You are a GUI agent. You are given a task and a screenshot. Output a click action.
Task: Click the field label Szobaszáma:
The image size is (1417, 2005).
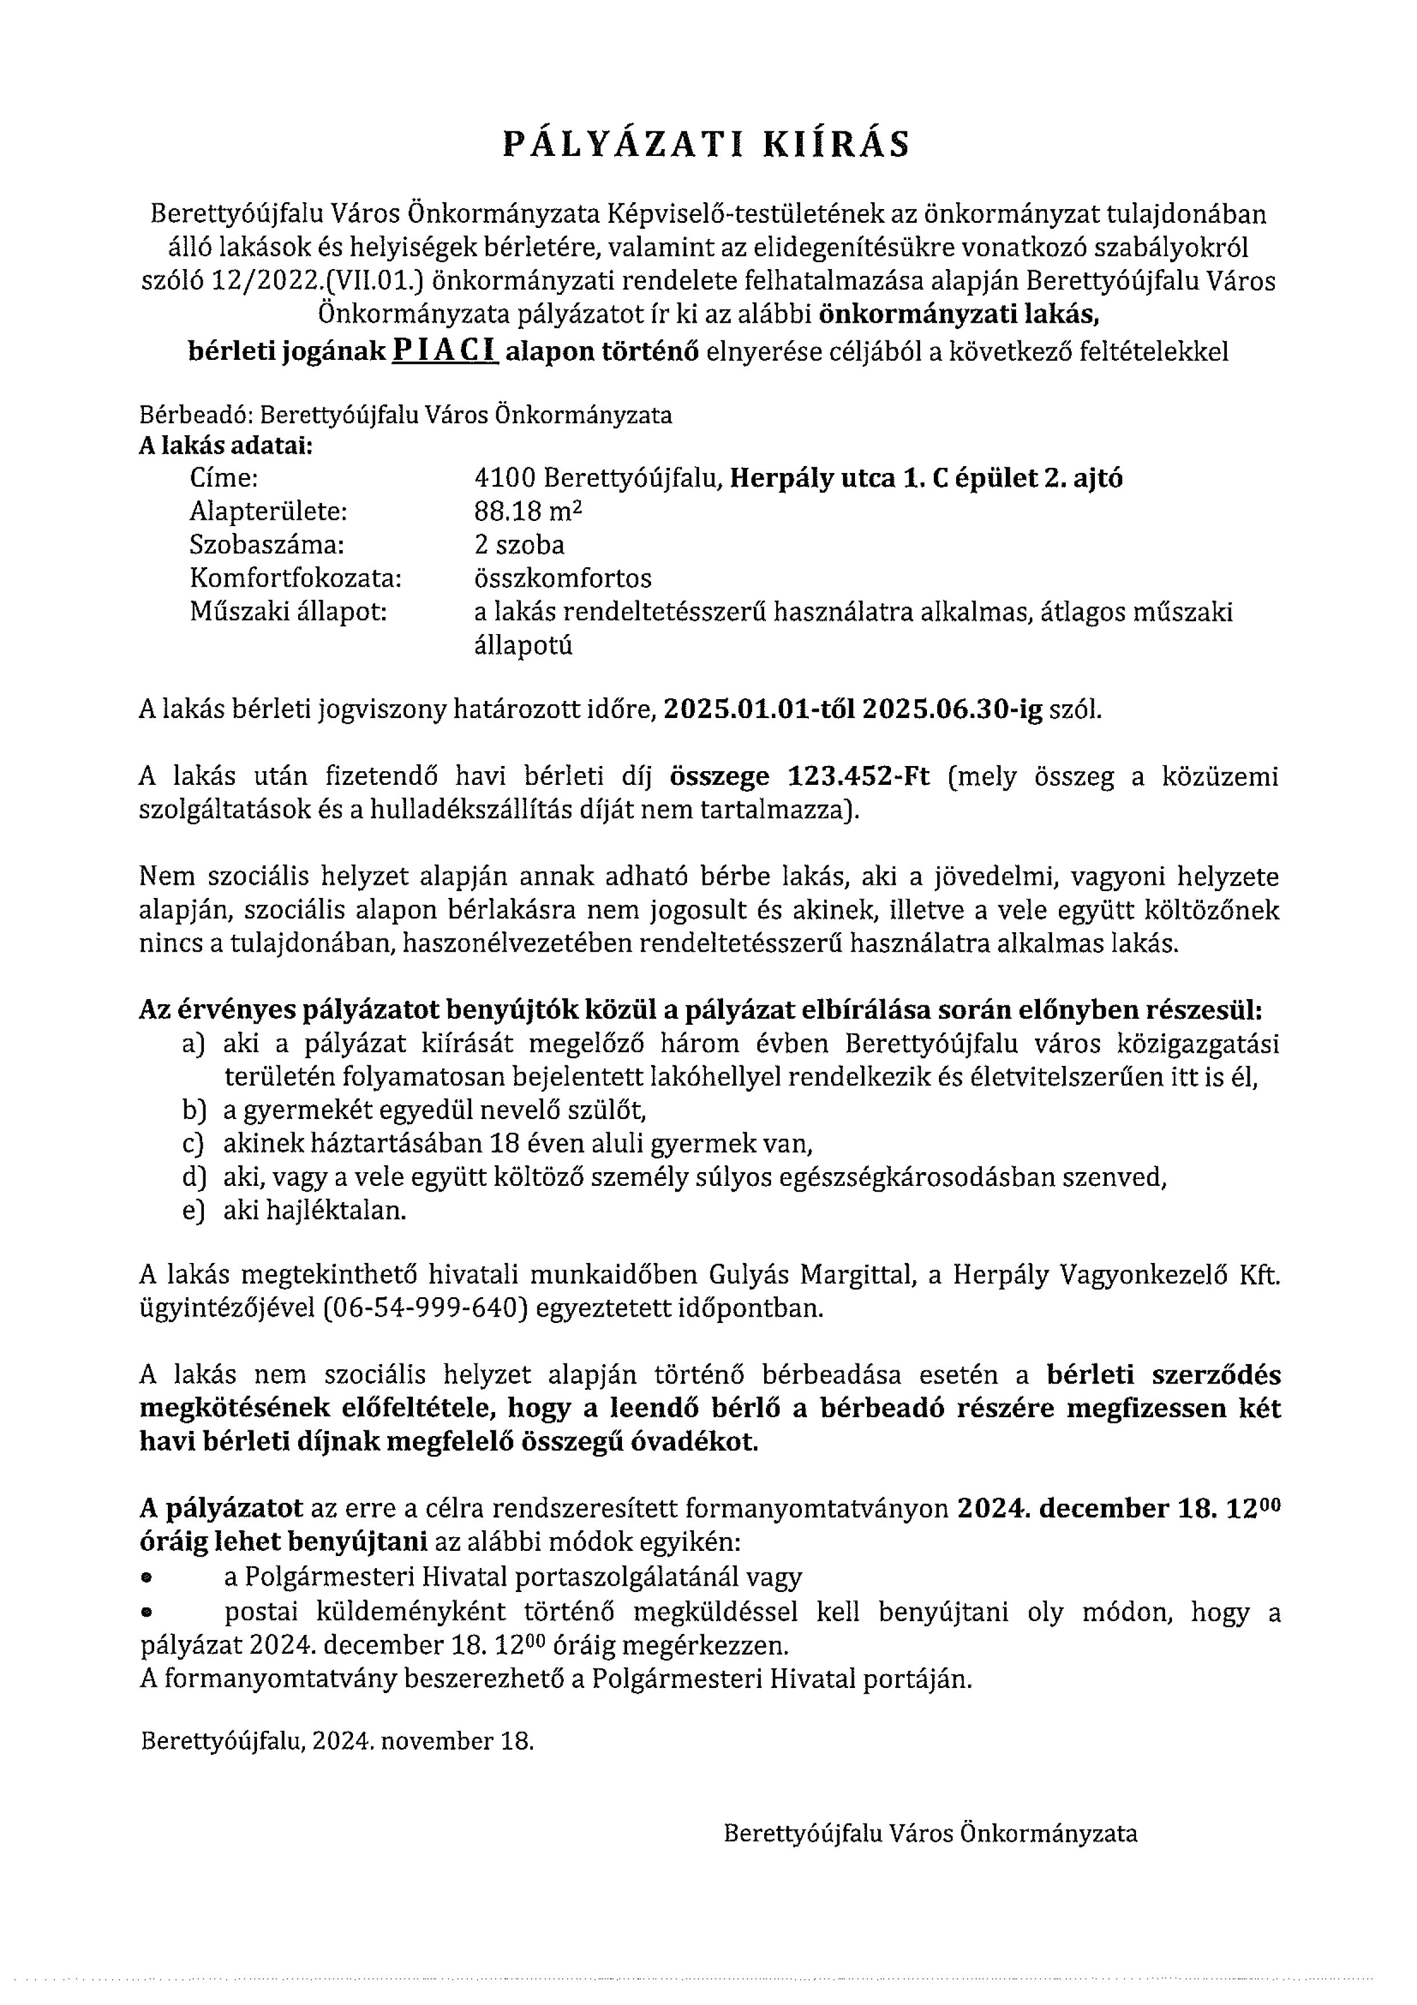point(267,545)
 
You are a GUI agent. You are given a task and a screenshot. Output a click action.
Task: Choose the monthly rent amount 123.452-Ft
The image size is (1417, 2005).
point(859,776)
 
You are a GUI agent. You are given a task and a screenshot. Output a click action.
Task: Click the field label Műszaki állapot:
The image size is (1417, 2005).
point(288,611)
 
